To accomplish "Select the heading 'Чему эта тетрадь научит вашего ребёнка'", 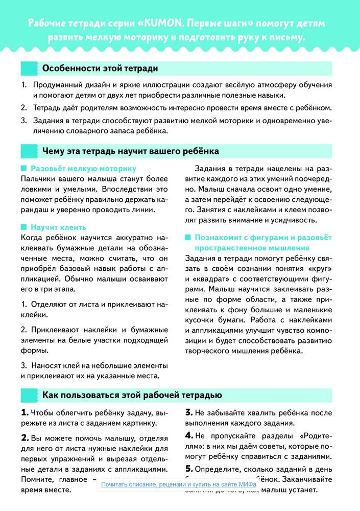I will click(131, 151).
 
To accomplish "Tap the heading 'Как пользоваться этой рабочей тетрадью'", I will click(132, 395).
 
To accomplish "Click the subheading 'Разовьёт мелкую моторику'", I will click(83, 168).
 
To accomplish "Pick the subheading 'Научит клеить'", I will click(58, 227).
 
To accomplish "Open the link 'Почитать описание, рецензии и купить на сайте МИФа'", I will click(179, 484).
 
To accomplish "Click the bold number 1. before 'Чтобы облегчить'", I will click(25, 412).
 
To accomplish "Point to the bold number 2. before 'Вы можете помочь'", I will click(25, 437).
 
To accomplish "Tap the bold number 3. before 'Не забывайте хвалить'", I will click(188, 412).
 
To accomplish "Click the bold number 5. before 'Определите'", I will click(188, 468).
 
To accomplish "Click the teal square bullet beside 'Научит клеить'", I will click(23, 227).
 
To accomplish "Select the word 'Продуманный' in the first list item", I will click(57, 85).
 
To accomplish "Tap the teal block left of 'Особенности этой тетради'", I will click(29, 68).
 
